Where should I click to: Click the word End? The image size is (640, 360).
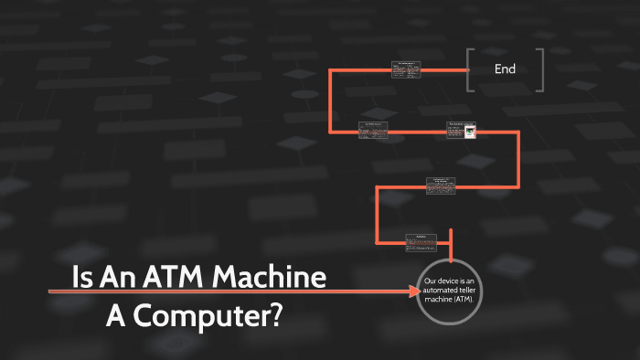tap(505, 69)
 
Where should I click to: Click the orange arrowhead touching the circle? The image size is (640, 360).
tap(413, 291)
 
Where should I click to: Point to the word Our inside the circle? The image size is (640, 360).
tap(432, 281)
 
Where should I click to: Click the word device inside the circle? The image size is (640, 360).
tap(453, 281)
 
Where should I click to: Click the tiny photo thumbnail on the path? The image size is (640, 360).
tap(469, 132)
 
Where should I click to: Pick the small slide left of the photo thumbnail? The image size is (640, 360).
tap(373, 131)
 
